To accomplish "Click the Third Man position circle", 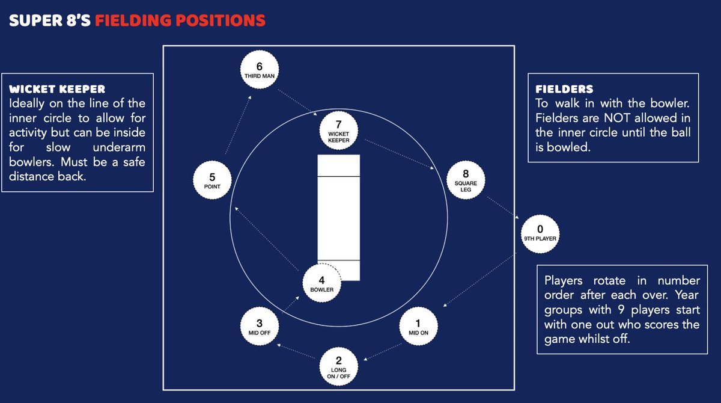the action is [x=260, y=70].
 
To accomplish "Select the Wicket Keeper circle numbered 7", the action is [x=339, y=131].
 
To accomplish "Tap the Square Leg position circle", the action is [x=466, y=180].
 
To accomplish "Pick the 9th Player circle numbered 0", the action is [x=540, y=234].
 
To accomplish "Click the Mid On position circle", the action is [x=418, y=327].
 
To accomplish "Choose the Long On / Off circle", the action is [x=339, y=366].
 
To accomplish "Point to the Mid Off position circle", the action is [x=260, y=327].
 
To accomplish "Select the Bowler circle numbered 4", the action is [x=322, y=283].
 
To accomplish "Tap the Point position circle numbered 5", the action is [x=212, y=180].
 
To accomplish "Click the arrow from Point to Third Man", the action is [x=238, y=125].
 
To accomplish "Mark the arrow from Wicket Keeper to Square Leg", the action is [x=400, y=155].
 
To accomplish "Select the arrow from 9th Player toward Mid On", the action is [x=479, y=280].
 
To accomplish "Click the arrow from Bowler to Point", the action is [x=267, y=239].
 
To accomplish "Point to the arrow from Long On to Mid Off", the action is [x=296, y=351].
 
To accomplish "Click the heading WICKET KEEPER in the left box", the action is [x=57, y=89].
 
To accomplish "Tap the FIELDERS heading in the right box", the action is [x=564, y=89].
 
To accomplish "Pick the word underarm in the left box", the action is [x=119, y=147].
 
